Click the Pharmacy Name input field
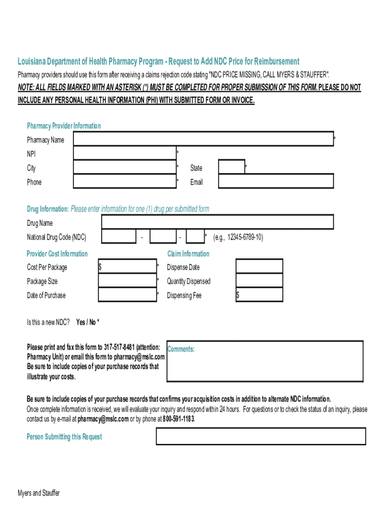point(204,139)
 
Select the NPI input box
point(125,153)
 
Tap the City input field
point(125,168)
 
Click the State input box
point(232,168)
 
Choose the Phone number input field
point(125,182)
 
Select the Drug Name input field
point(218,223)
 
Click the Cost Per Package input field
point(128,267)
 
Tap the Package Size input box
point(128,281)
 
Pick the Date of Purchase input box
point(128,295)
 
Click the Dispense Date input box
point(259,267)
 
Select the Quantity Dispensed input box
point(259,281)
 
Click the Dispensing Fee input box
point(259,295)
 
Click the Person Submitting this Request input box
point(260,436)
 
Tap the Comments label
point(181,349)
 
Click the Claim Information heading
point(188,254)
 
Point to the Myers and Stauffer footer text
point(39,493)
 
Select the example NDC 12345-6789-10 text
point(238,238)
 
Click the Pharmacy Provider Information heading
point(64,126)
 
